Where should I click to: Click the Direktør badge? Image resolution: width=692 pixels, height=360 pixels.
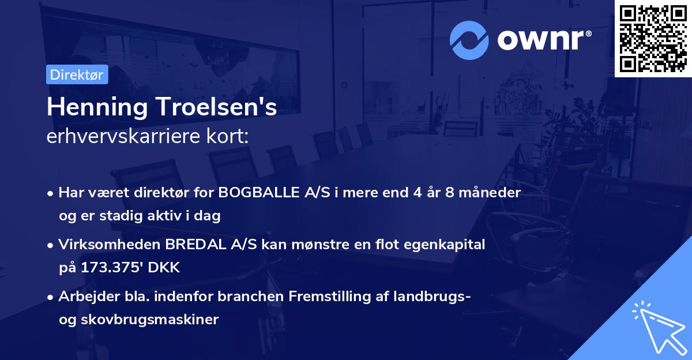tap(77, 75)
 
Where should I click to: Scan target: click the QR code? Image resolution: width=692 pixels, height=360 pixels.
tap(653, 38)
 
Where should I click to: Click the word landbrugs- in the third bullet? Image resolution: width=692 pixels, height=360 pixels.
tap(430, 297)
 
